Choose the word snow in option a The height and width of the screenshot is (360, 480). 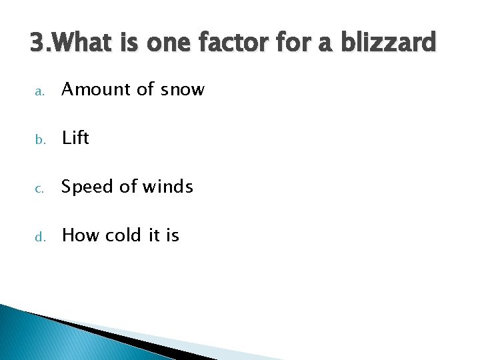(182, 89)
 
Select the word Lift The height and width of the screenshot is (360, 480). (75, 138)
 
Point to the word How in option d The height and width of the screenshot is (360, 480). (79, 235)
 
